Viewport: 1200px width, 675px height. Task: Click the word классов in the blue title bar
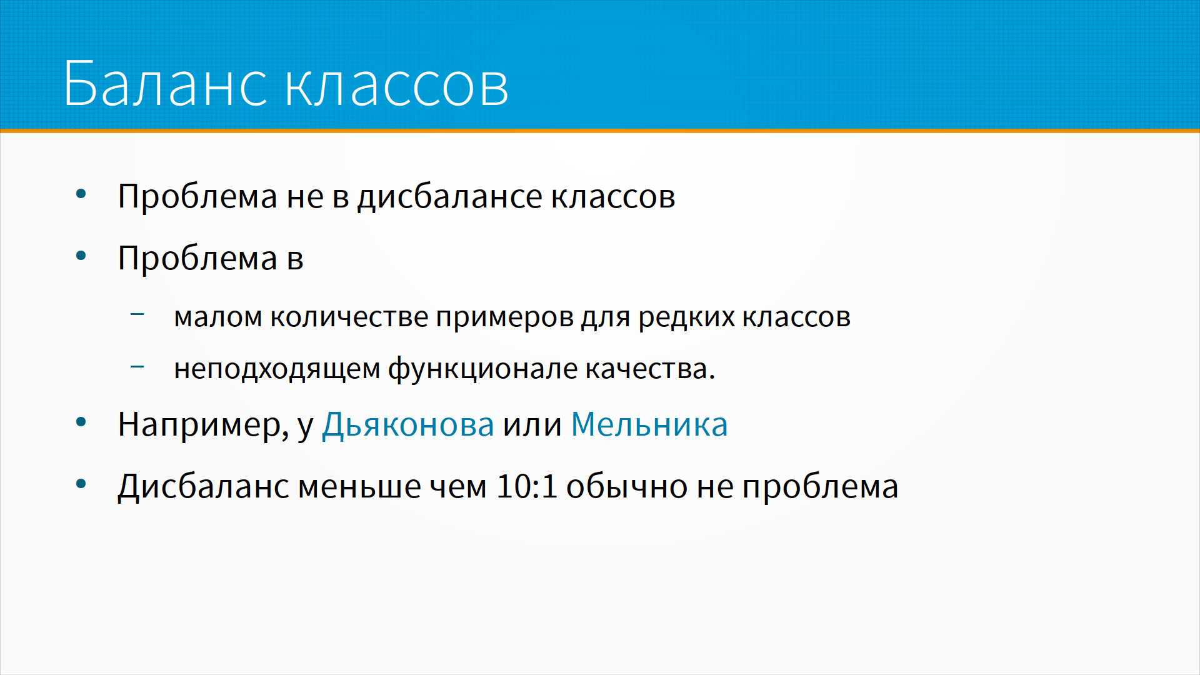(x=397, y=86)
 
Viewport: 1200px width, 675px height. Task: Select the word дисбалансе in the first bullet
(x=450, y=197)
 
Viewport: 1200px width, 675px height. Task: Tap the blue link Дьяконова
(x=407, y=426)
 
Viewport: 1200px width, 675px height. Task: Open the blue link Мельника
(x=649, y=425)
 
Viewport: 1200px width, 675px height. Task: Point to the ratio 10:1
(x=526, y=486)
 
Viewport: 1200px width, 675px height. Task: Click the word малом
(x=217, y=317)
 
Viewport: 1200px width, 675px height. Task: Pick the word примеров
(x=504, y=319)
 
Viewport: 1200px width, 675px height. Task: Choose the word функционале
(x=482, y=369)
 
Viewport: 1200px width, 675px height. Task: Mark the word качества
(x=650, y=369)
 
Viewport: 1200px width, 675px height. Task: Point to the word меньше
(x=359, y=487)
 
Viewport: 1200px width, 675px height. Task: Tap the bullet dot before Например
(x=81, y=422)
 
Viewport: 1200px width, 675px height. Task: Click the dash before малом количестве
(x=137, y=314)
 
